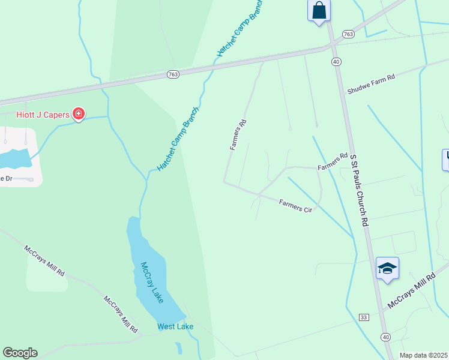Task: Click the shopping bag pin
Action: tap(319, 11)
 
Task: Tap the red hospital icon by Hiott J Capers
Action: tap(78, 113)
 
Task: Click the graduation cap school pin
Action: tap(387, 268)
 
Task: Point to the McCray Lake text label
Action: tap(152, 283)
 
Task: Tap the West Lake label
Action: tap(175, 326)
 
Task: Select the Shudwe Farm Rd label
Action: tap(372, 85)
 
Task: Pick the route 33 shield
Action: tap(364, 317)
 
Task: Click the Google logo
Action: tap(20, 353)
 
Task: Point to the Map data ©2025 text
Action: tap(423, 355)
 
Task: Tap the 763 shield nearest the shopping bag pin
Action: tap(348, 34)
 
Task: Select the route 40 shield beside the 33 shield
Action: tap(385, 337)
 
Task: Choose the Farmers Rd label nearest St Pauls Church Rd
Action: tap(333, 161)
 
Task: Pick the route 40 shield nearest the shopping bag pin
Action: tap(336, 62)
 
